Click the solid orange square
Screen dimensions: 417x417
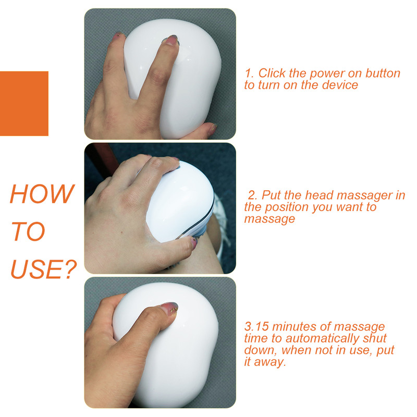24,103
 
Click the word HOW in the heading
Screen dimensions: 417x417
42,194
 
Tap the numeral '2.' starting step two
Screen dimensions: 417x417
253,195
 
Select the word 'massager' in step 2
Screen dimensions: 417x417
362,195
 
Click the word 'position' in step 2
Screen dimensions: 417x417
290,207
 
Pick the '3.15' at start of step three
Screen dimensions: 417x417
256,327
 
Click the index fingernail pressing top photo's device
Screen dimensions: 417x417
171,40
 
